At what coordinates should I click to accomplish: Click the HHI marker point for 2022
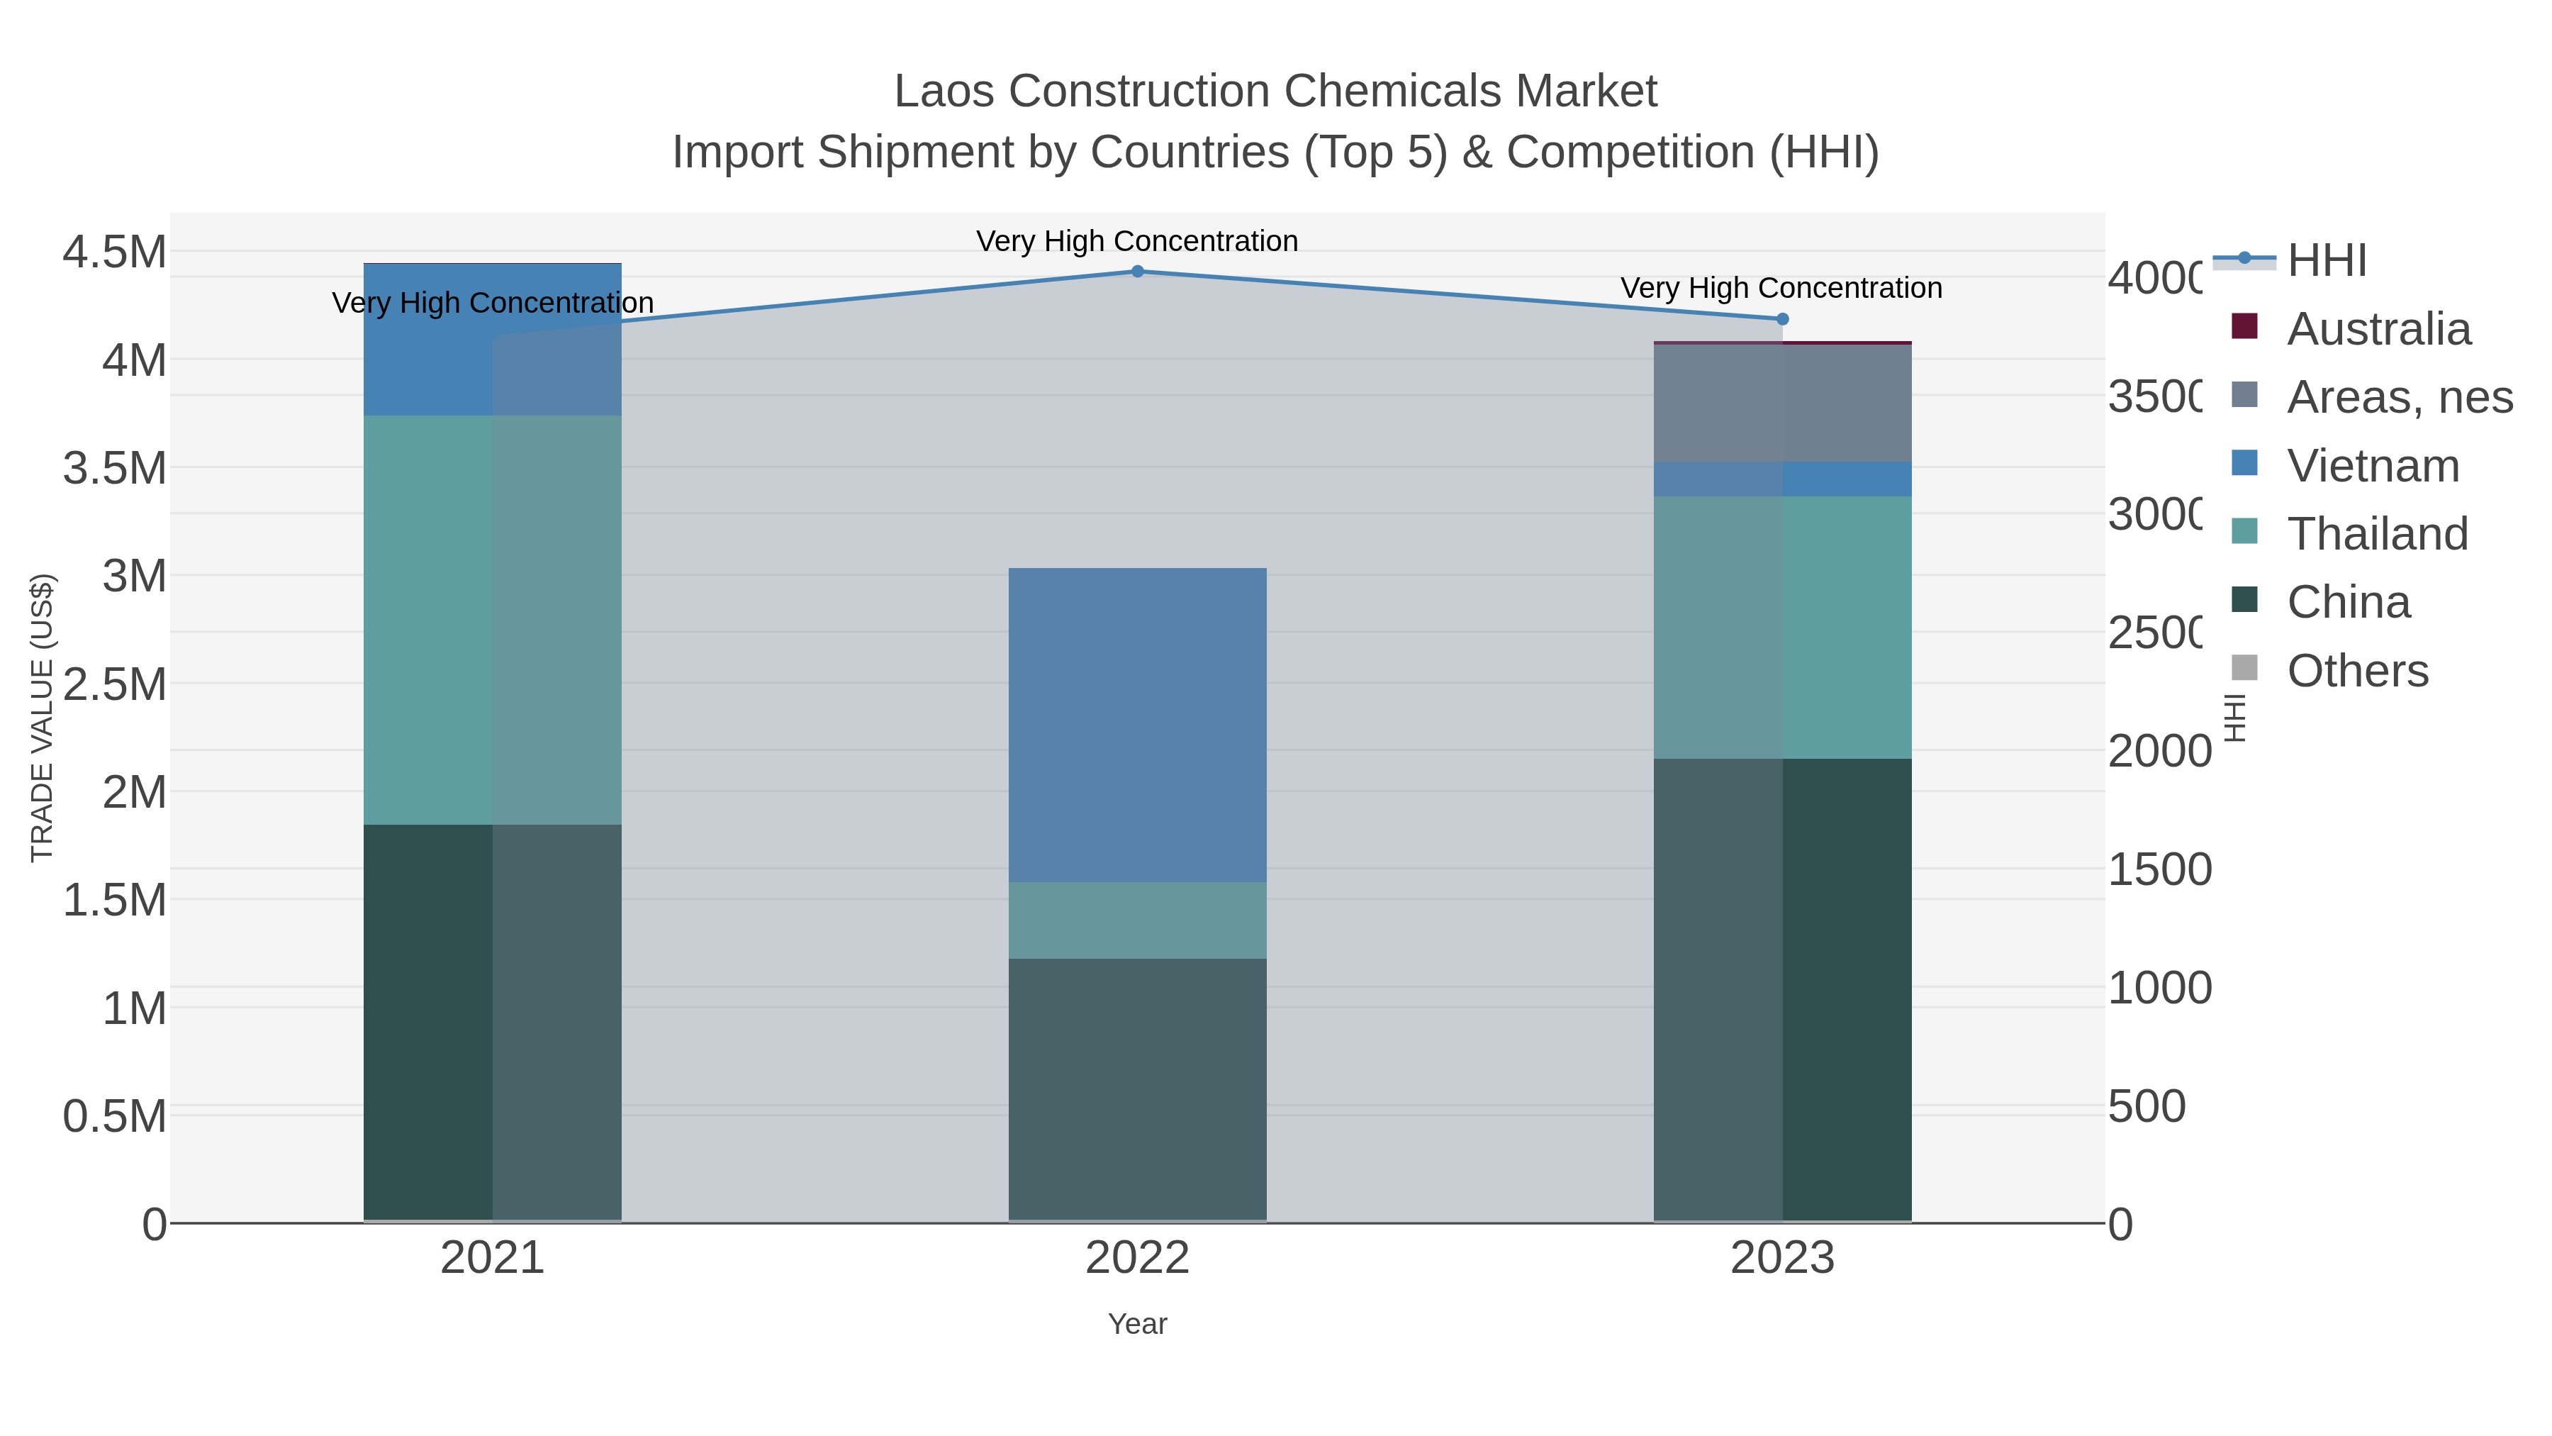[x=1137, y=271]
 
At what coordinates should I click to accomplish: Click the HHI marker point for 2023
[x=1782, y=319]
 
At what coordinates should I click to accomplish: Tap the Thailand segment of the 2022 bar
[x=1137, y=920]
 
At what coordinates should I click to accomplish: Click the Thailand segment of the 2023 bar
[x=1782, y=628]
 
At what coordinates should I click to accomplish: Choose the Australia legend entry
[x=2378, y=329]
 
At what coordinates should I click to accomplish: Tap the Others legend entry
[x=2357, y=671]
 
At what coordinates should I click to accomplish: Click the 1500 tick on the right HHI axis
[x=2159, y=870]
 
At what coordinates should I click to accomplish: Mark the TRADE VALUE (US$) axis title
[x=43, y=718]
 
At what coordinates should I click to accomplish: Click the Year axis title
[x=1137, y=1324]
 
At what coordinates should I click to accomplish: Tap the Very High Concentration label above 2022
[x=1137, y=241]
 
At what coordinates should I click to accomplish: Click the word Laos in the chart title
[x=946, y=91]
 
